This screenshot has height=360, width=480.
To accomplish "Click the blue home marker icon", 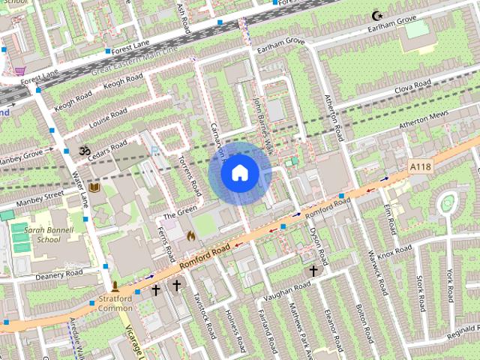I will tap(238, 173).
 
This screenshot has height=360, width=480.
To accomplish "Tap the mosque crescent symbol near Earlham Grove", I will tap(377, 15).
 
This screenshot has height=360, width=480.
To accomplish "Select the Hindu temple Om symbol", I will tap(83, 151).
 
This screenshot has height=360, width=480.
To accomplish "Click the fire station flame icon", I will tap(190, 235).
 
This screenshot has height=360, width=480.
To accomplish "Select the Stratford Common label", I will tap(115, 302).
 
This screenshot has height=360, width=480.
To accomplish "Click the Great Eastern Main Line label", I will tap(135, 59).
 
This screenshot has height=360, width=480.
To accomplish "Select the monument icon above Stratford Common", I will tap(115, 286).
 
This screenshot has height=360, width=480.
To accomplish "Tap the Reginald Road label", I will tap(454, 331).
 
